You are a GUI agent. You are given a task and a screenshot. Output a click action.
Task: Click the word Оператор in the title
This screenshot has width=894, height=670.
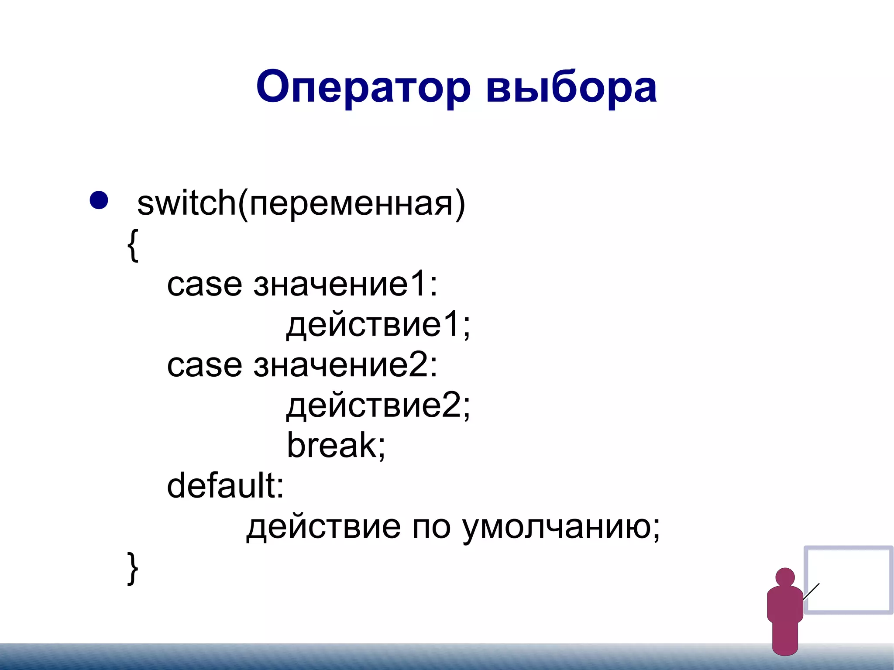363,87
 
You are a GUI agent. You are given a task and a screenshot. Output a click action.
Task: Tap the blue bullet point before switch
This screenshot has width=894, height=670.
99,200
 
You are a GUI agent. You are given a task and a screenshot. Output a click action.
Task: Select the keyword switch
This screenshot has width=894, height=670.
186,203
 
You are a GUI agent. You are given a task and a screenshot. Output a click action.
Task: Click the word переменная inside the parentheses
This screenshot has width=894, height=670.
351,204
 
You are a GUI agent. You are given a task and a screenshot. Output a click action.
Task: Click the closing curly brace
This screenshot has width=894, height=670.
133,568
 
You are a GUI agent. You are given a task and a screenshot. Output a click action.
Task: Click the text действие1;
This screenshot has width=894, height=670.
378,325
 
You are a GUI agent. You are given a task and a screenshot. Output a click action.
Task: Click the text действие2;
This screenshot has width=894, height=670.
378,405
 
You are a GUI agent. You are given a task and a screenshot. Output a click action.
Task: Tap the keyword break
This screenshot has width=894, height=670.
332,445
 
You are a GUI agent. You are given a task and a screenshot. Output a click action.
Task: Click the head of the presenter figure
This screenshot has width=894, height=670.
785,577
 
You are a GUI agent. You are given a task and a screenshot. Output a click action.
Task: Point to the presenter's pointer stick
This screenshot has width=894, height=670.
811,591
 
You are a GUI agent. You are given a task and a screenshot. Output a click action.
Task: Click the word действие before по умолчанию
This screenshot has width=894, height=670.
323,527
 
